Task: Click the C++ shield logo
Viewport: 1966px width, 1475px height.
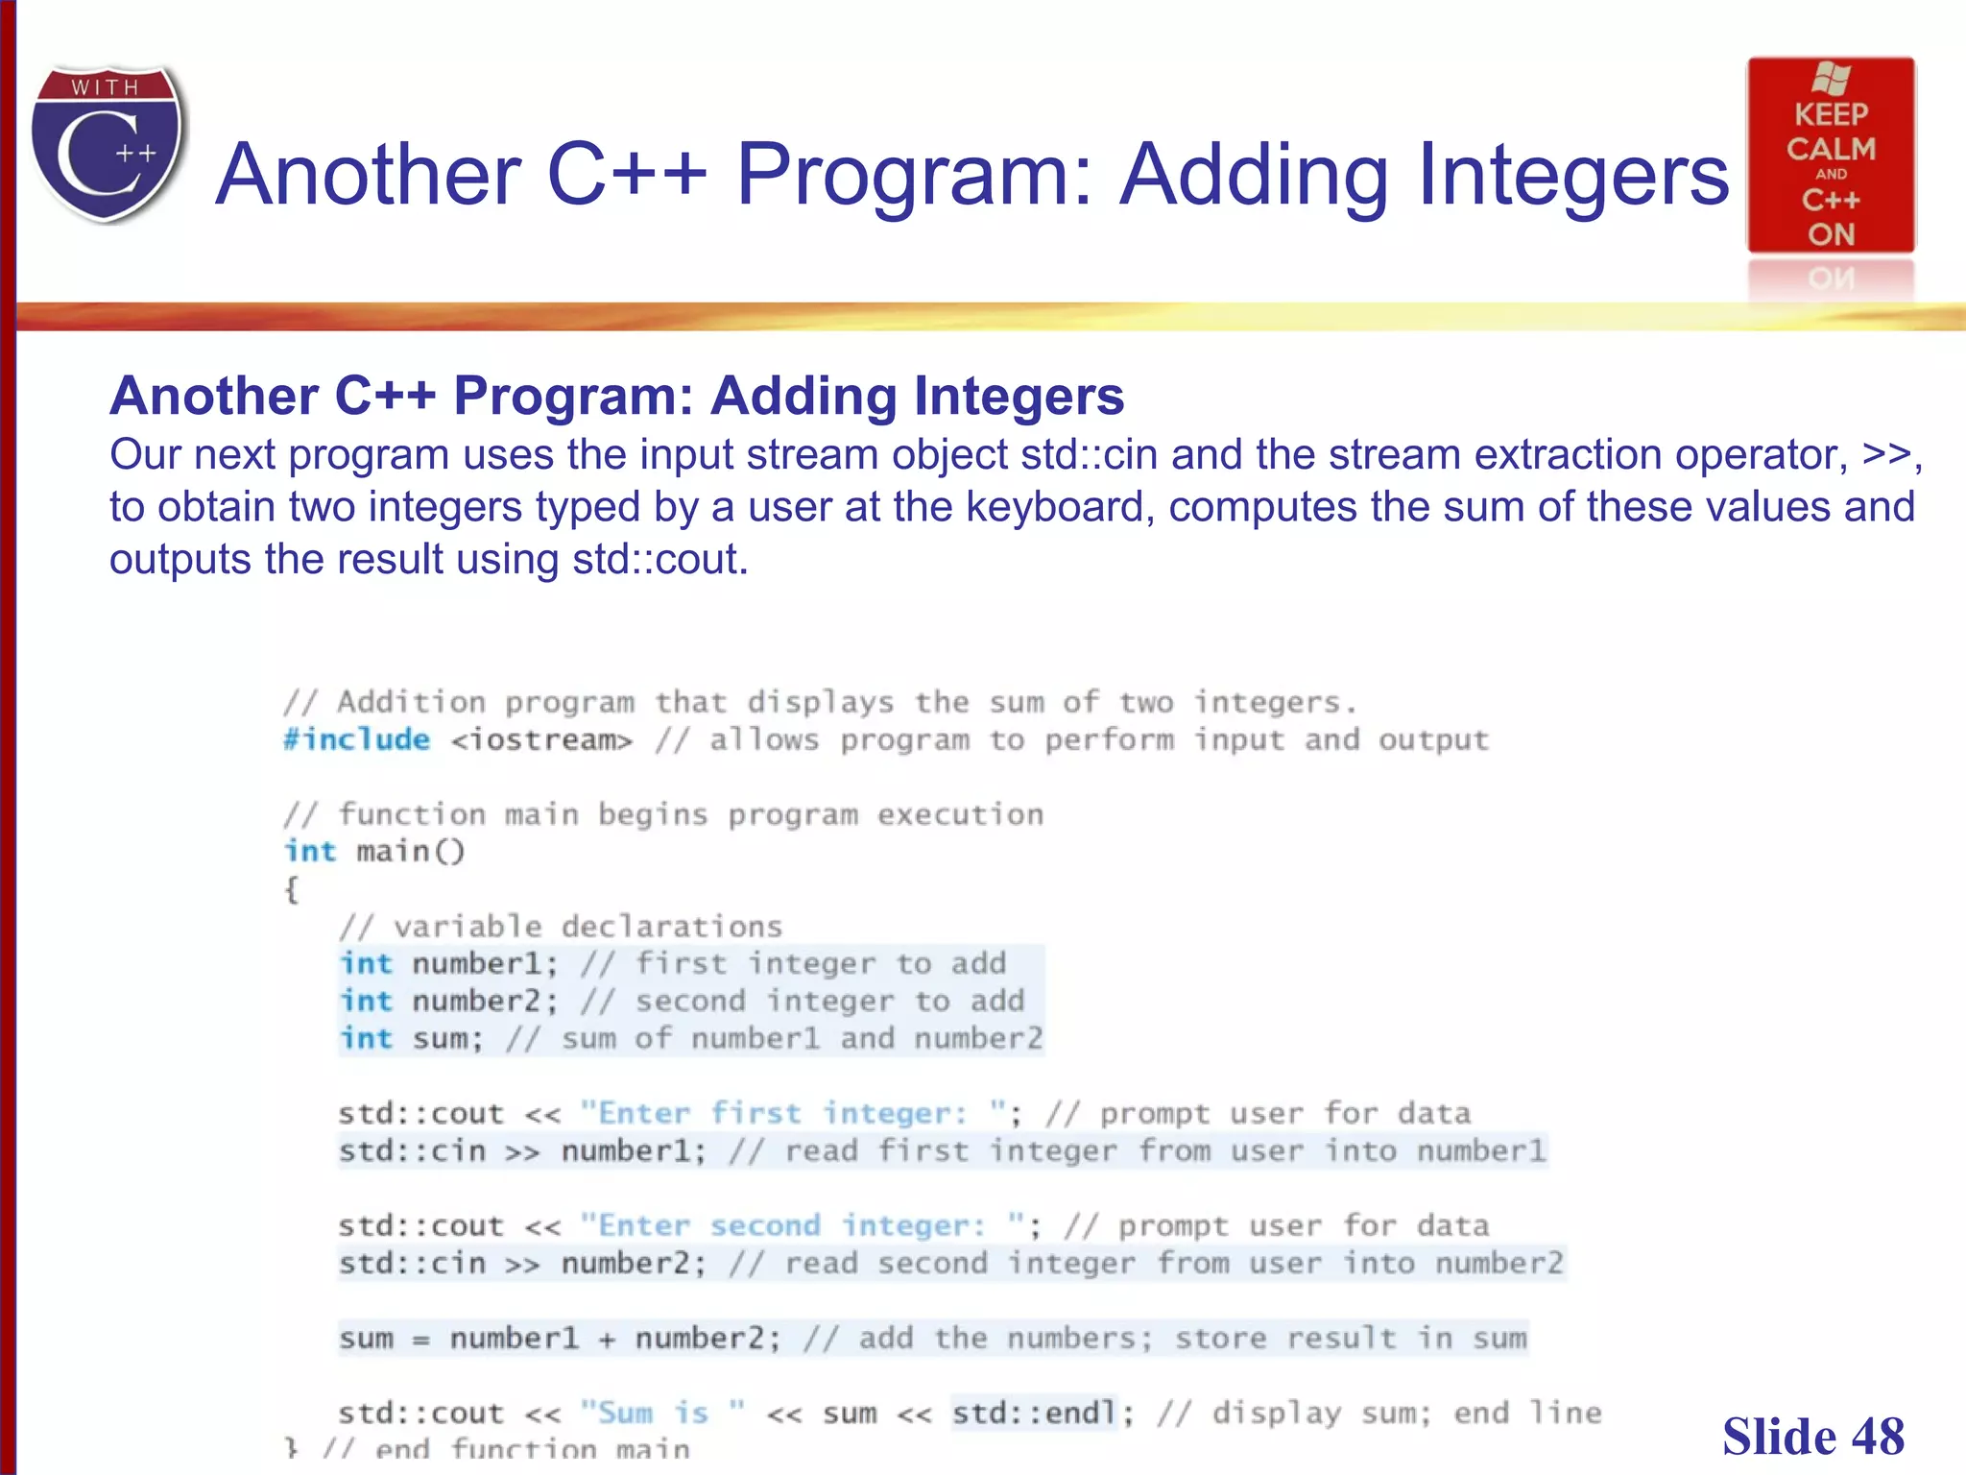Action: tap(108, 144)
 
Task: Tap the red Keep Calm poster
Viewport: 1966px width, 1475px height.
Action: tap(1831, 156)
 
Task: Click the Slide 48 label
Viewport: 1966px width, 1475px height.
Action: tap(1812, 1437)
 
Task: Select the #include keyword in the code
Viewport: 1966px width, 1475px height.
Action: tap(356, 739)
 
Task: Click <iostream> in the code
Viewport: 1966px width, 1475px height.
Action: tap(541, 740)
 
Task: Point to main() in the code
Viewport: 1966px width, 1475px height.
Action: tap(410, 852)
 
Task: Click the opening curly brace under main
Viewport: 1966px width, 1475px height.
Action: tap(292, 889)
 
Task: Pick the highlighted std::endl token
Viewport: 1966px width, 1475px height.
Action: tap(1033, 1413)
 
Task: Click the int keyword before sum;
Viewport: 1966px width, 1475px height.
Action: tap(366, 1038)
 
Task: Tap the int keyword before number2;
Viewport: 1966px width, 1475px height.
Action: tap(366, 1001)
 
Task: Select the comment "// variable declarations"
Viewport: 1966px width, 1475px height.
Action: tap(561, 927)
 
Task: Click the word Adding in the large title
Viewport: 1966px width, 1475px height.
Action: tap(1254, 175)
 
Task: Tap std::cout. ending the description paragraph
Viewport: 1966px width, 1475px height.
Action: tap(659, 559)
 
